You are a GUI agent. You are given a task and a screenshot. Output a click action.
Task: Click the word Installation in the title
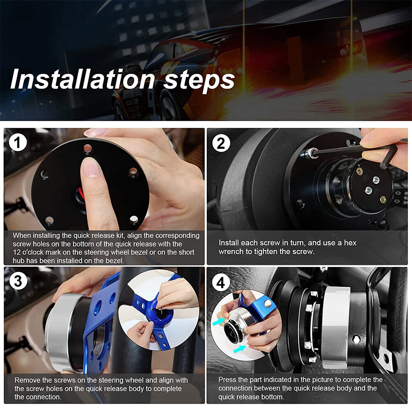(x=82, y=79)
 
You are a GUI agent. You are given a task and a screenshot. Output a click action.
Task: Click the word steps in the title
(x=199, y=80)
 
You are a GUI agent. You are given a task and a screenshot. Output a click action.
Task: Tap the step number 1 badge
(x=18, y=143)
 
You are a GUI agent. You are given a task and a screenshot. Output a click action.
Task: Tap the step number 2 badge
(x=221, y=143)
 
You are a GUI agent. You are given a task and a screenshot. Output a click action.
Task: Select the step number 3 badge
(x=18, y=281)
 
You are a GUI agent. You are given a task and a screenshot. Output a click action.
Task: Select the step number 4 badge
(x=221, y=283)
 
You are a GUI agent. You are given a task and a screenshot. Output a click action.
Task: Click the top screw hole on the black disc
(x=88, y=148)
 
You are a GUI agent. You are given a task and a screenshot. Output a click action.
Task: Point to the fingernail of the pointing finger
(x=91, y=167)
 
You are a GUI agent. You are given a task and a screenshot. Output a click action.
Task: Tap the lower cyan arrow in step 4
(x=240, y=349)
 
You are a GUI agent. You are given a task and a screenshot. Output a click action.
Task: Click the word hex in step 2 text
(x=350, y=243)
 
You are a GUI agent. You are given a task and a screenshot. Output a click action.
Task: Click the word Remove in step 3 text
(x=26, y=380)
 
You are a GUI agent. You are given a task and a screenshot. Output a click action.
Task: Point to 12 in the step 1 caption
(x=16, y=252)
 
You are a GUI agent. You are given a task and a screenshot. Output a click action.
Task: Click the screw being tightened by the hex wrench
(x=311, y=153)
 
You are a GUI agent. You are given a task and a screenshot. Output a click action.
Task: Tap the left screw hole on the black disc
(x=44, y=174)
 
